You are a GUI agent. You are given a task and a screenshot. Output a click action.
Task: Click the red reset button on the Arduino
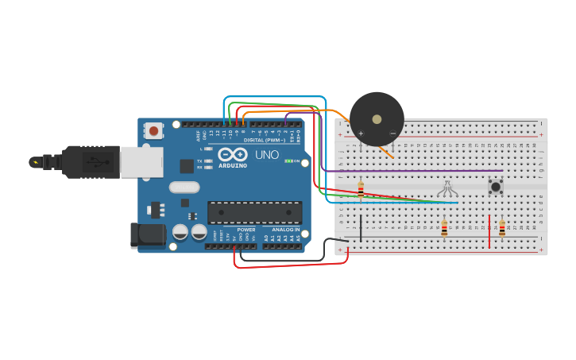click(x=153, y=130)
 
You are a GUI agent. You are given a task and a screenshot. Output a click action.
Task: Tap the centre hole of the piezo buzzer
click(x=377, y=119)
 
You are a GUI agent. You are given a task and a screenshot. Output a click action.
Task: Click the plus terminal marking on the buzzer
click(x=361, y=133)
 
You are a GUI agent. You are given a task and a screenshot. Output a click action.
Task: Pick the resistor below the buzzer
click(x=361, y=189)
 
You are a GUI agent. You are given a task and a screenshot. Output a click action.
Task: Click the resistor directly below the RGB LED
click(x=444, y=229)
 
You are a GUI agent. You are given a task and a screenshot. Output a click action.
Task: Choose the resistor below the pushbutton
click(x=501, y=229)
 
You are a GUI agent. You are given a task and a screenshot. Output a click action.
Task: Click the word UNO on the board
click(x=267, y=154)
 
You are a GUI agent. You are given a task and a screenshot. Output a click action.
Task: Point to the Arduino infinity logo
click(x=233, y=154)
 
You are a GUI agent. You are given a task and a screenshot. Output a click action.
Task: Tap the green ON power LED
click(x=289, y=161)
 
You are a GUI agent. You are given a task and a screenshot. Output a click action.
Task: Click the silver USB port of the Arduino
click(x=141, y=162)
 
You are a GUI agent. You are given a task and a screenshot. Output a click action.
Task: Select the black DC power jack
click(x=149, y=234)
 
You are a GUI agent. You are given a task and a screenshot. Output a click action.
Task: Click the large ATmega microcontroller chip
click(x=254, y=212)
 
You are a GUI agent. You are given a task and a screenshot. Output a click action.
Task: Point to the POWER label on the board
click(x=246, y=230)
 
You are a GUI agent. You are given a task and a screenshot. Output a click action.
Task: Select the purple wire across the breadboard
click(x=413, y=170)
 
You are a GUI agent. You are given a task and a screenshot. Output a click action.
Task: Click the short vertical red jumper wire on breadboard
click(x=489, y=232)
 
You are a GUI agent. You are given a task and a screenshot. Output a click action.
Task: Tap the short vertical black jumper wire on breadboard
click(x=361, y=228)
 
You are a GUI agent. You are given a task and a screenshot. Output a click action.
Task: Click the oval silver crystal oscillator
click(x=184, y=188)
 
